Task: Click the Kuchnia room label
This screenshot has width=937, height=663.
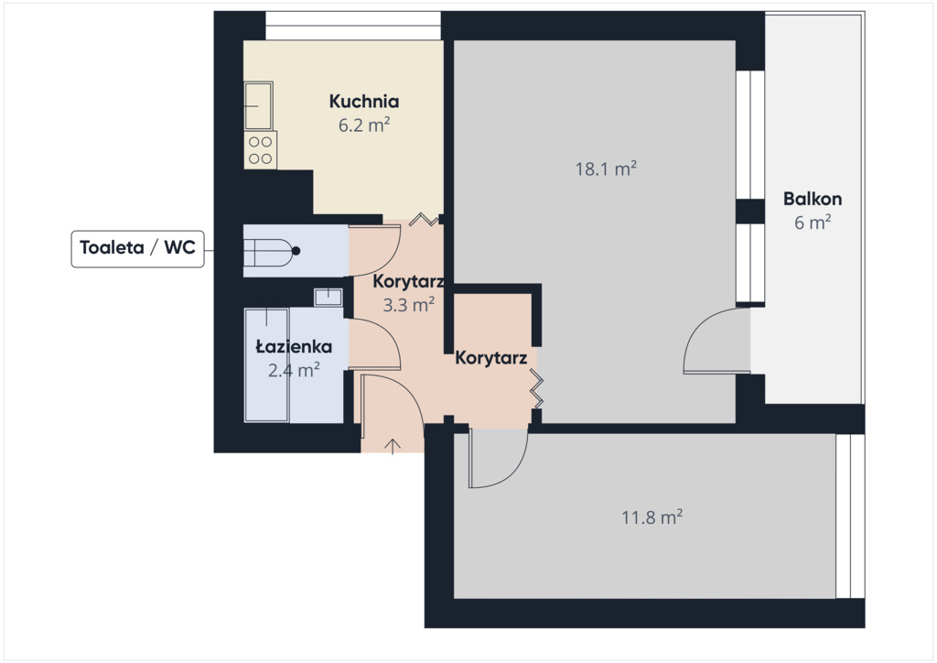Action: [364, 101]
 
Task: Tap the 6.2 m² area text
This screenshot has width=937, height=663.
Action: [364, 125]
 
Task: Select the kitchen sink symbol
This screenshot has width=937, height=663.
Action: [258, 106]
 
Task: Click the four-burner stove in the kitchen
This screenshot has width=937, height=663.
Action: [260, 150]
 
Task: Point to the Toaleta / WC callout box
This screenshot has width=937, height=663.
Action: [137, 248]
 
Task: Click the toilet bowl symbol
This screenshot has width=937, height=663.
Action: [271, 251]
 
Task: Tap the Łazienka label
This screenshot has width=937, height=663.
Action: [294, 347]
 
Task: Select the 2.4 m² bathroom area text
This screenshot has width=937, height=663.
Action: [294, 370]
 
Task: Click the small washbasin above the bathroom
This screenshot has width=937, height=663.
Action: [328, 297]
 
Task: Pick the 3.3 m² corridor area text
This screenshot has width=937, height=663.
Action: [408, 305]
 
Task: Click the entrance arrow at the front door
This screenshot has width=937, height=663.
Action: [392, 447]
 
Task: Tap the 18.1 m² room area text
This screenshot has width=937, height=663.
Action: [606, 168]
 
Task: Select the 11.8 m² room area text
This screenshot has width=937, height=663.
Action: [652, 516]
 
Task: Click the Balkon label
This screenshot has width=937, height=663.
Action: [813, 199]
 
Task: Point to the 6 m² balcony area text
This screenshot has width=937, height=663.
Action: [813, 223]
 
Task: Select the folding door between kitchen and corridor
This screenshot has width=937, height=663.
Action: [425, 220]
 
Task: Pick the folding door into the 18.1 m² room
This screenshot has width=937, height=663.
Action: [536, 388]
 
